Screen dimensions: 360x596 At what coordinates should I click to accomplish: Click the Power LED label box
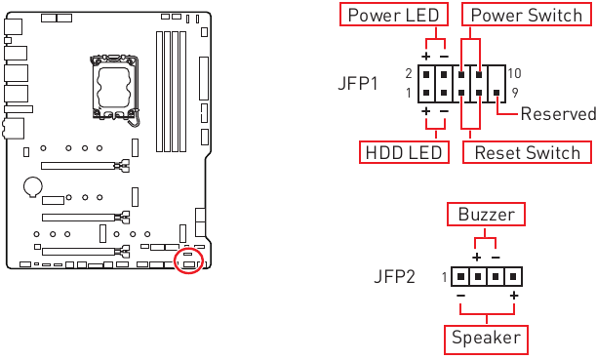pyautogui.click(x=394, y=16)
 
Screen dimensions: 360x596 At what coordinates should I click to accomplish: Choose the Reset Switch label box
pyautogui.click(x=527, y=153)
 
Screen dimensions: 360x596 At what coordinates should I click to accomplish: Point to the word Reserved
pyautogui.click(x=557, y=114)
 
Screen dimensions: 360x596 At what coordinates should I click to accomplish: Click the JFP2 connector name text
pyautogui.click(x=394, y=277)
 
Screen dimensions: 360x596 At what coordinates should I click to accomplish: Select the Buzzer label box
pyautogui.click(x=485, y=214)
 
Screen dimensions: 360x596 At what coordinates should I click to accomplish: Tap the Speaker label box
pyautogui.click(x=486, y=340)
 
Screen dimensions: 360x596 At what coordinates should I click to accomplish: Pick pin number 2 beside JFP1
pyautogui.click(x=409, y=73)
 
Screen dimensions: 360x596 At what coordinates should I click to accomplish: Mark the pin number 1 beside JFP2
pyautogui.click(x=444, y=277)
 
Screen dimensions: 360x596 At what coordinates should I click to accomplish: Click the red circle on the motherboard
pyautogui.click(x=189, y=260)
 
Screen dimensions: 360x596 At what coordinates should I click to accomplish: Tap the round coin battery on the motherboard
pyautogui.click(x=33, y=182)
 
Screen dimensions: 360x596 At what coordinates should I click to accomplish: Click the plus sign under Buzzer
pyautogui.click(x=476, y=256)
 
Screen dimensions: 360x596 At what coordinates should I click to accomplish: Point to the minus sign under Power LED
pyautogui.click(x=444, y=56)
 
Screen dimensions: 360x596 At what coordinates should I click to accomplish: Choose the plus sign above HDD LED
pyautogui.click(x=426, y=111)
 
